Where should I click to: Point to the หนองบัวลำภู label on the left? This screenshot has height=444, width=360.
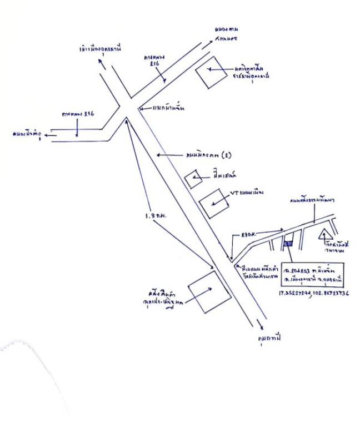[x=26, y=134]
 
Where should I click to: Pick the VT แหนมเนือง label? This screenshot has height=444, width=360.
[x=246, y=194]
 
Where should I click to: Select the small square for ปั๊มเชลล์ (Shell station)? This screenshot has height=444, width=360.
[x=194, y=179]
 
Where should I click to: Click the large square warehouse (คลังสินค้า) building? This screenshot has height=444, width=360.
[x=209, y=292]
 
